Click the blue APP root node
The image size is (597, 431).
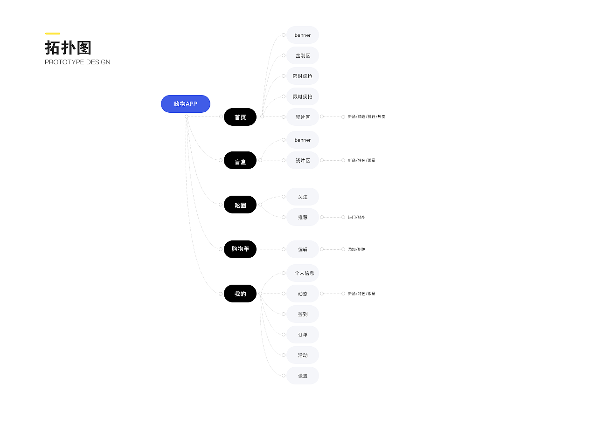(186, 104)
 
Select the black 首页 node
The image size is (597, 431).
(240, 117)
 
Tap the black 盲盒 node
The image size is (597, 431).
(240, 161)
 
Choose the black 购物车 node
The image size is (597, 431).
(240, 249)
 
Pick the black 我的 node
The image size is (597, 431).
(240, 294)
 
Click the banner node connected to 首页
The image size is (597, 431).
(303, 35)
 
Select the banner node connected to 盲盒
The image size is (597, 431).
(303, 140)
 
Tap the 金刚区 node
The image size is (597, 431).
(303, 55)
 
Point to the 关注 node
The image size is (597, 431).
(303, 197)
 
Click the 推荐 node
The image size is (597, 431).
(303, 217)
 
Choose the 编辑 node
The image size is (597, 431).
(303, 249)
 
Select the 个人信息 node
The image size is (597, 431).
(304, 273)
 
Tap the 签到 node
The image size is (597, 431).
(303, 314)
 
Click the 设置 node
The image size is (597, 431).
(303, 376)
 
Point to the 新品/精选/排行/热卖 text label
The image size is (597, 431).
(367, 117)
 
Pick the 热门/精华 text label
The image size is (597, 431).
(357, 217)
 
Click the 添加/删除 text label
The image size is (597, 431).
(357, 249)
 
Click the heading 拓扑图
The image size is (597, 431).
(68, 48)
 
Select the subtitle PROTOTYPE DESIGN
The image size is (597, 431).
(77, 62)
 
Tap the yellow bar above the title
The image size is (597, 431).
(52, 34)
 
